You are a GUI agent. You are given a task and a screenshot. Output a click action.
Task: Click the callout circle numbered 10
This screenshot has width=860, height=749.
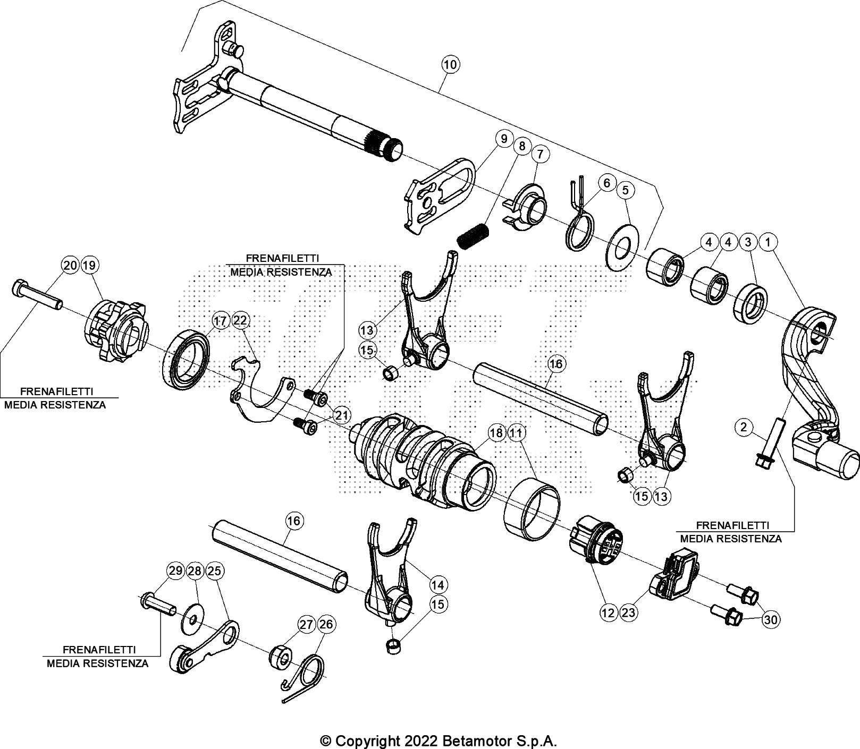click(x=450, y=65)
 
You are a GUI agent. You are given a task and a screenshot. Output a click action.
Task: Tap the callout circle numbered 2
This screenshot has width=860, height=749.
click(x=744, y=427)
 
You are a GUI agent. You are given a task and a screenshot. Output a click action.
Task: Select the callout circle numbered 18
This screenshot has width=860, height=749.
click(x=496, y=433)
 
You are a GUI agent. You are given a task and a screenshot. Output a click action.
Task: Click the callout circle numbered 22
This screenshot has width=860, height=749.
click(x=241, y=320)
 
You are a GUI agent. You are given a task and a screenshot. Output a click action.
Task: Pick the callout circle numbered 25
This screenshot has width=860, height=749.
click(x=215, y=571)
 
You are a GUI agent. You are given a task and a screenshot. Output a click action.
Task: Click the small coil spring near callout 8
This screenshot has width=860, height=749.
click(x=474, y=235)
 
